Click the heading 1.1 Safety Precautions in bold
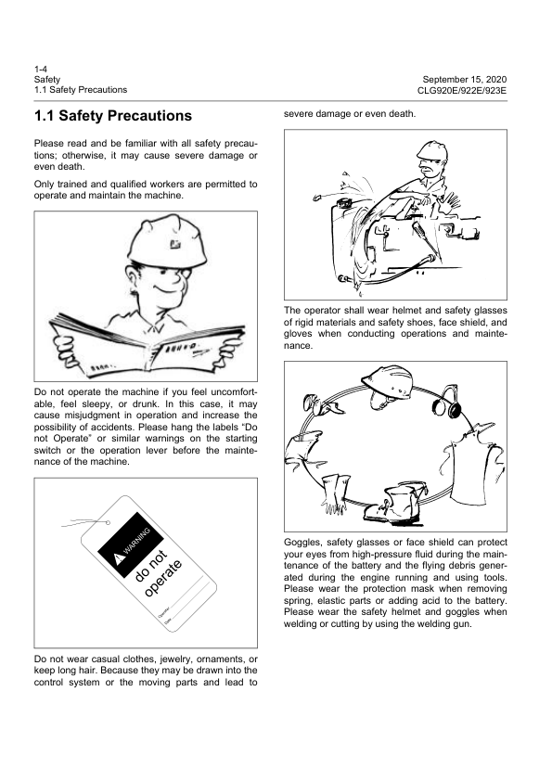pyautogui.click(x=112, y=117)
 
